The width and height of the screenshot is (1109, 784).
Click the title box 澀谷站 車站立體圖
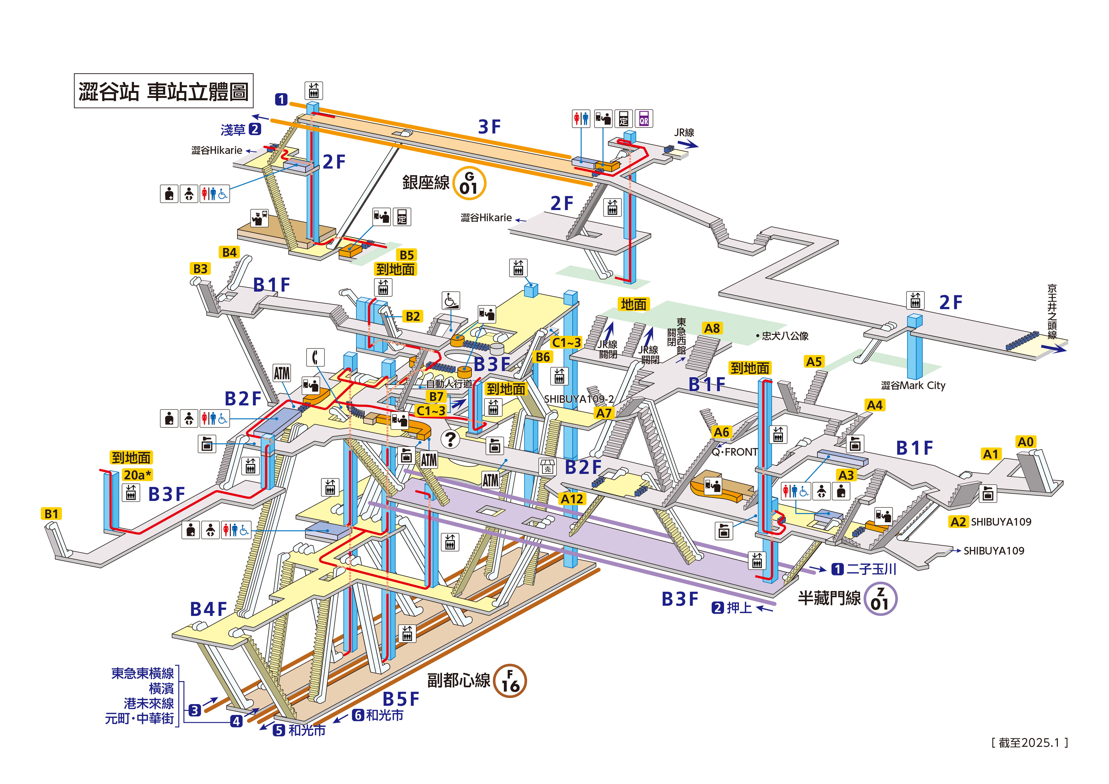[x=163, y=91]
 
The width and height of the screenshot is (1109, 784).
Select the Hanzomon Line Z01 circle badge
[x=880, y=599]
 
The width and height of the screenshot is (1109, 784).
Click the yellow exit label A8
[x=712, y=329]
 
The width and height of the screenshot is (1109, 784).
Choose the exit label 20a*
[x=137, y=475]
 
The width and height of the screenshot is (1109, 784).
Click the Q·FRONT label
[x=734, y=452]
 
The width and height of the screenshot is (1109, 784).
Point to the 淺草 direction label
[x=233, y=130]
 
